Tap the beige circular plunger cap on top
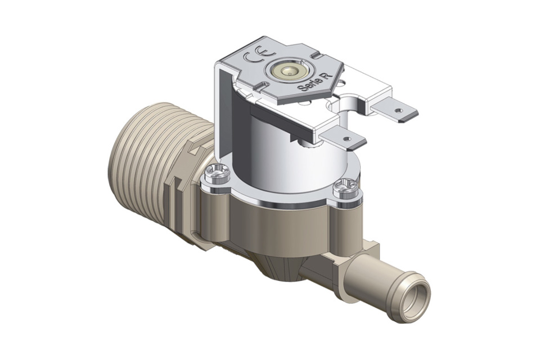(288, 72)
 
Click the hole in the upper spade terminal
(399, 111)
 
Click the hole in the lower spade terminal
(346, 139)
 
